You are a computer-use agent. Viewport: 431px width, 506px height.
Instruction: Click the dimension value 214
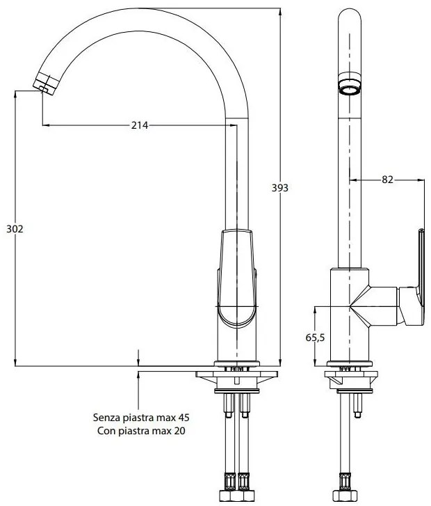pyautogui.click(x=140, y=125)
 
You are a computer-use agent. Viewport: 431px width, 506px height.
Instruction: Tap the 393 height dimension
pyautogui.click(x=278, y=188)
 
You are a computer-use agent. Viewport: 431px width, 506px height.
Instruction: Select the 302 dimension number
pyautogui.click(x=14, y=229)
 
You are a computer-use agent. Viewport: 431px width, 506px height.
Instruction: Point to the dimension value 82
pyautogui.click(x=388, y=180)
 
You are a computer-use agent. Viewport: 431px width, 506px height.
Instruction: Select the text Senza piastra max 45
pyautogui.click(x=141, y=418)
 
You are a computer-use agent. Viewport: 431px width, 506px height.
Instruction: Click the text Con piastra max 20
pyautogui.click(x=141, y=431)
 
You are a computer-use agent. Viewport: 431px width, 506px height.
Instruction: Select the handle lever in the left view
pyautogui.click(x=237, y=278)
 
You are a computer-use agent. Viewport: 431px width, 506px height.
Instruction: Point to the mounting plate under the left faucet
pyautogui.click(x=237, y=376)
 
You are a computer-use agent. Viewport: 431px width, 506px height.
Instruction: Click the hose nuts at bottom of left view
pyautogui.click(x=237, y=482)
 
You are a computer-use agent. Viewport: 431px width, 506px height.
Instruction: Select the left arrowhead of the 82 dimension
pyautogui.click(x=351, y=180)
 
